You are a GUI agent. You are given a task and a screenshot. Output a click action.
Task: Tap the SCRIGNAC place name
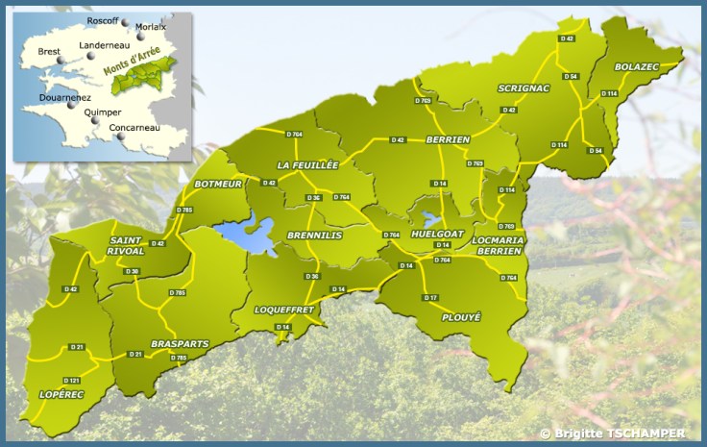coord(524,88)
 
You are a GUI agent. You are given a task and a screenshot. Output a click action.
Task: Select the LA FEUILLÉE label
coord(307,165)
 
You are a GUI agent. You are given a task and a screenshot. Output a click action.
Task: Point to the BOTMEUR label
coord(218,183)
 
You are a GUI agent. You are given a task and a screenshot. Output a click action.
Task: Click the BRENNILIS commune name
coord(315,234)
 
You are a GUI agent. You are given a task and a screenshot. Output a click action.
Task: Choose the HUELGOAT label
coord(438,234)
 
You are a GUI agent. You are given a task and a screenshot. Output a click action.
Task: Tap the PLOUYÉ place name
coord(461,316)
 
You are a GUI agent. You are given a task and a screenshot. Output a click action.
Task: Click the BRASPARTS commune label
coord(180,343)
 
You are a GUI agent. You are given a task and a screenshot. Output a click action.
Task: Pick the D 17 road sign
coord(431,298)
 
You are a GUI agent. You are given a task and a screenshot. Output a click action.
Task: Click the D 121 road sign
coord(71,381)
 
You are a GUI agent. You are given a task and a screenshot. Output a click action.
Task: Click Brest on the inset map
coord(48,52)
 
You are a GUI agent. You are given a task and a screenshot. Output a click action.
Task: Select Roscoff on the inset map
coord(102,20)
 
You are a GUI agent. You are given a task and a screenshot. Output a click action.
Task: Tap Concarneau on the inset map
coord(135,128)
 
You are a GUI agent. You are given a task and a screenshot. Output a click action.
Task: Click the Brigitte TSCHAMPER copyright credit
coord(612,434)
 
